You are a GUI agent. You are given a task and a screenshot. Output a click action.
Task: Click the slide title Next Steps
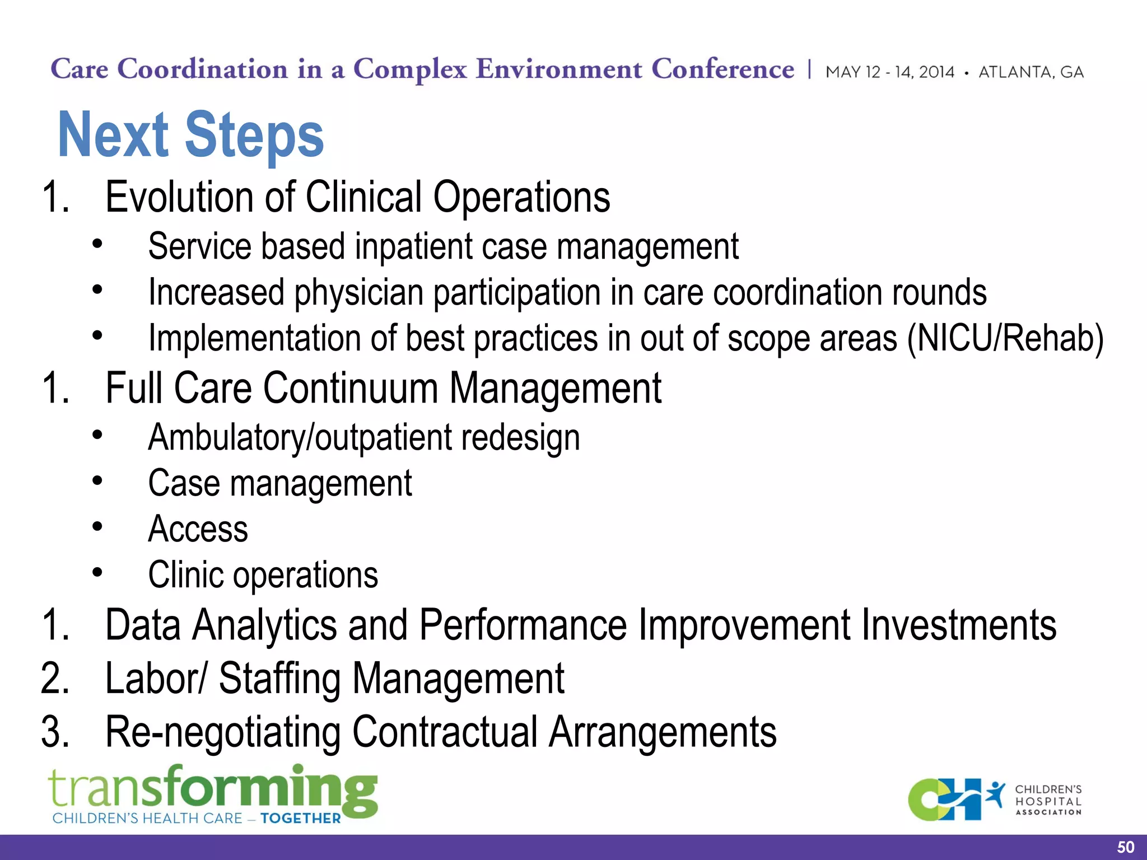(190, 135)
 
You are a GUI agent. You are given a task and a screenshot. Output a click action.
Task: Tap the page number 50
(1125, 847)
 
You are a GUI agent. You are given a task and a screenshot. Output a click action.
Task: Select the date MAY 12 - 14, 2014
(889, 72)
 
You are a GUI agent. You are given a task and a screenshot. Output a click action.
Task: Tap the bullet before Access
(97, 527)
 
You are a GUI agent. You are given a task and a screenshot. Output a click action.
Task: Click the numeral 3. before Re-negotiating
(55, 732)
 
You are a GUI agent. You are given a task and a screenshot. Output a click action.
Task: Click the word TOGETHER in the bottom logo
(301, 819)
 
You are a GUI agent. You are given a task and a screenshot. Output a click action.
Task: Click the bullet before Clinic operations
(97, 573)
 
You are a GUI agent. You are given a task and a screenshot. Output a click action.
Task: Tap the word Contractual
(445, 732)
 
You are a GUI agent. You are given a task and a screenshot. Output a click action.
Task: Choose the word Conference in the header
(722, 70)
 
